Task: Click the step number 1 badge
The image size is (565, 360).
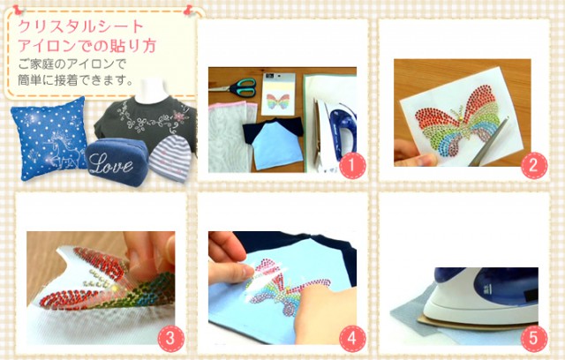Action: pyautogui.click(x=352, y=166)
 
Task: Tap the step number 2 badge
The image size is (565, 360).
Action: pyautogui.click(x=534, y=166)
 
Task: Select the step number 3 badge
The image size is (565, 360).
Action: pyautogui.click(x=170, y=339)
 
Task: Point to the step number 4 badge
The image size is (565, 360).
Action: pyautogui.click(x=352, y=339)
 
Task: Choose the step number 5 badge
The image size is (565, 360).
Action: pyautogui.click(x=534, y=339)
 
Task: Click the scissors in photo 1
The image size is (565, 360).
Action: pyautogui.click(x=236, y=87)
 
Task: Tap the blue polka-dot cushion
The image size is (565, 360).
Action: pyautogui.click(x=49, y=139)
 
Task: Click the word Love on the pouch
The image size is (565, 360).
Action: pyautogui.click(x=110, y=164)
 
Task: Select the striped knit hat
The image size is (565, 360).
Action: pyautogui.click(x=169, y=158)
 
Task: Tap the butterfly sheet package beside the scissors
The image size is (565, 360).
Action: pyautogui.click(x=278, y=94)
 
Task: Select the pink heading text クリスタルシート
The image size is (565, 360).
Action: pyautogui.click(x=81, y=27)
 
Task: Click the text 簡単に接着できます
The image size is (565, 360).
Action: pyautogui.click(x=72, y=80)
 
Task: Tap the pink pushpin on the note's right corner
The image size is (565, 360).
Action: pyautogui.click(x=188, y=10)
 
